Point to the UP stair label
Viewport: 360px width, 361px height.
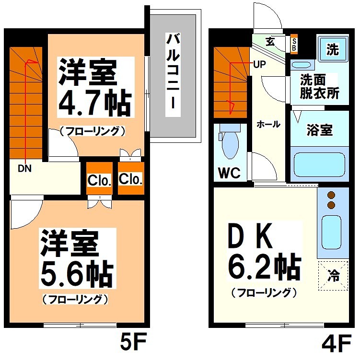(260, 64)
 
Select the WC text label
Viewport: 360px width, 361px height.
(229, 173)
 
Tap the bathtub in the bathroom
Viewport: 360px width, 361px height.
(318, 164)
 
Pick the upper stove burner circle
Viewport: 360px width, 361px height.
(330, 195)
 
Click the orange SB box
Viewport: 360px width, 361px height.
(294, 44)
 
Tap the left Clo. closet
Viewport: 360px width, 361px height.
(99, 181)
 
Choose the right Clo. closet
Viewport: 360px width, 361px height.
(130, 179)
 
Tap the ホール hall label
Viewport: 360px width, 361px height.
(268, 124)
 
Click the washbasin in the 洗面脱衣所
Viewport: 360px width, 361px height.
(301, 64)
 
